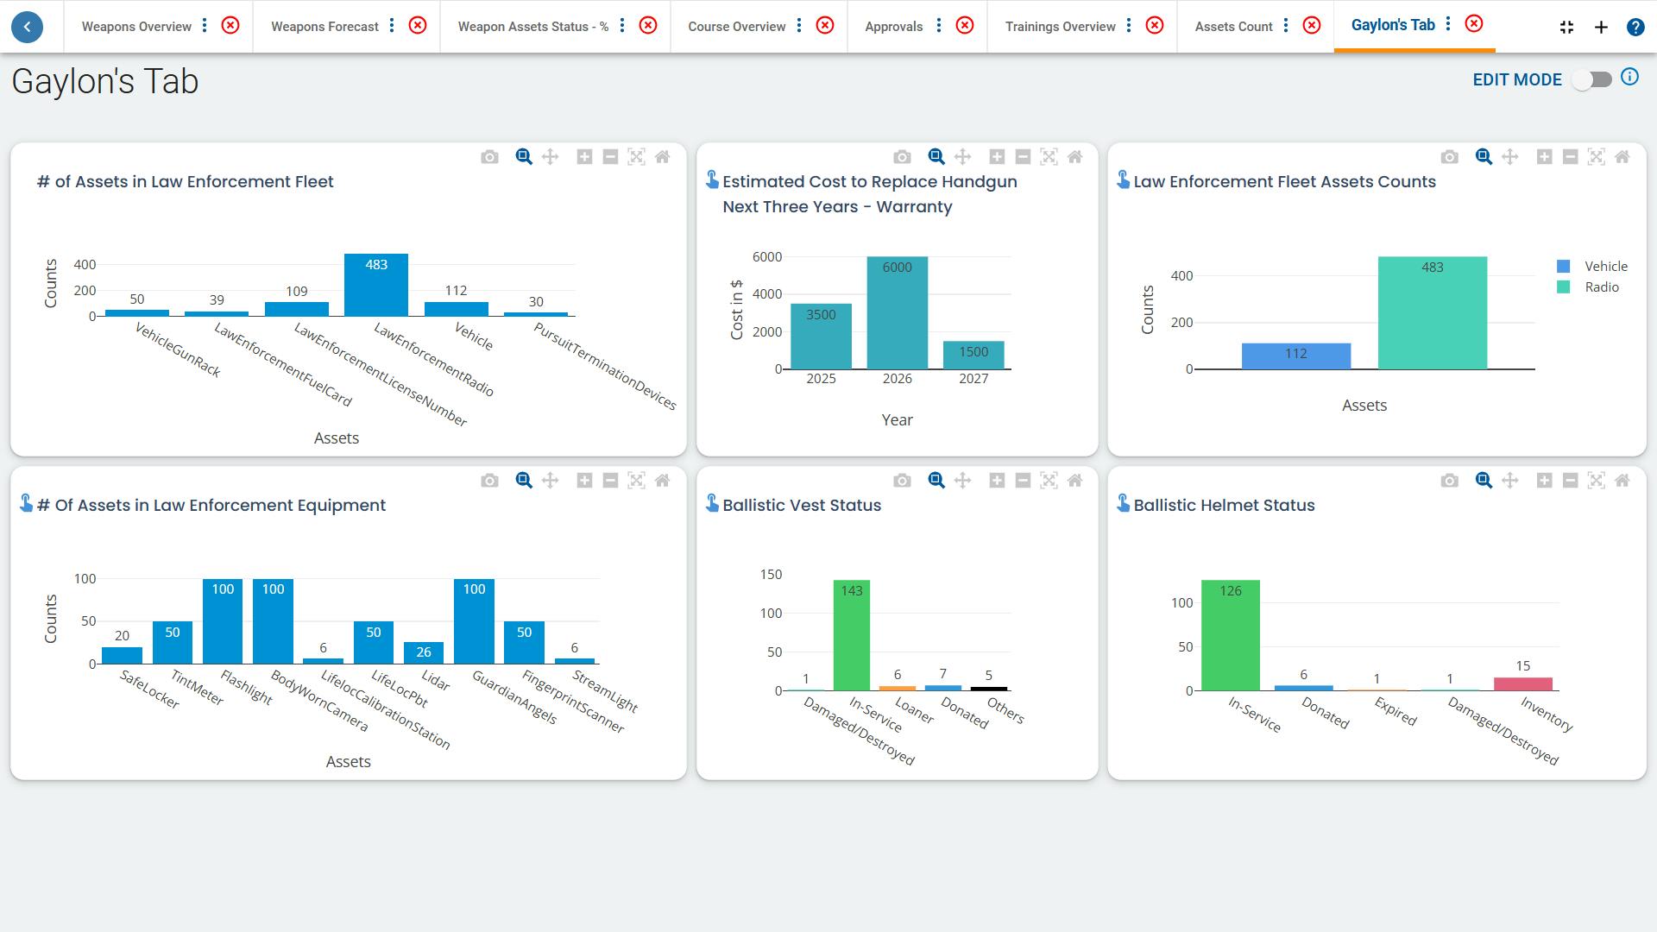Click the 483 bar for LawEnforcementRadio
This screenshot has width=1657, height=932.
(375, 286)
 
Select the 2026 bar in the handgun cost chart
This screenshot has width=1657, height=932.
(897, 313)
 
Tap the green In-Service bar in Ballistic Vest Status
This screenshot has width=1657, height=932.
(851, 635)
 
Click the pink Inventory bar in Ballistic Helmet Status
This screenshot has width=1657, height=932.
(1522, 684)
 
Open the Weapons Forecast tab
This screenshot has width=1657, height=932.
(324, 27)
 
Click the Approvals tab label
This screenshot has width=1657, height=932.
(893, 27)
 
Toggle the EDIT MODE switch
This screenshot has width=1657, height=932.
(1592, 79)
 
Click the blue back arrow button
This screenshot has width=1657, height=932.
(28, 27)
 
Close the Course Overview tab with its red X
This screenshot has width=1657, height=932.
(825, 26)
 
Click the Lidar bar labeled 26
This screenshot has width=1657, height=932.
(423, 653)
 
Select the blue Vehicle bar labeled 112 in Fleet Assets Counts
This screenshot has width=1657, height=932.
(1295, 356)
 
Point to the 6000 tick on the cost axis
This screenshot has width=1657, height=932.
(766, 257)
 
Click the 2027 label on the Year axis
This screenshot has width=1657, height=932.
(973, 379)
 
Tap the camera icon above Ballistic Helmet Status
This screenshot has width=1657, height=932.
(1449, 481)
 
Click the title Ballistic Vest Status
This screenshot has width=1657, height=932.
(801, 506)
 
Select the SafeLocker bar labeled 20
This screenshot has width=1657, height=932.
(122, 656)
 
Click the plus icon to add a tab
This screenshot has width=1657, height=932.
(1601, 27)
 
